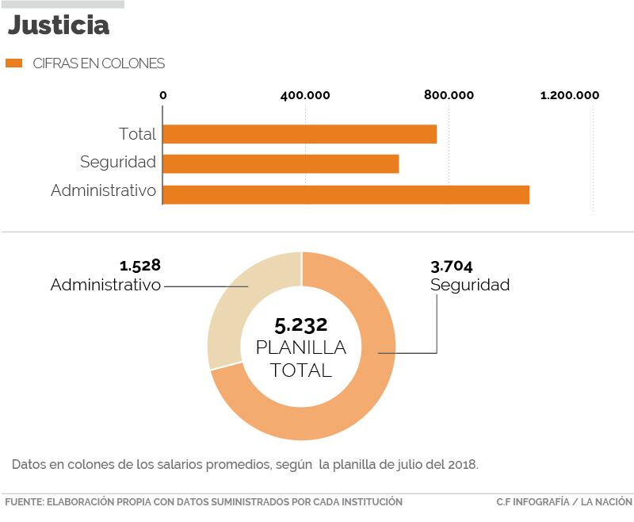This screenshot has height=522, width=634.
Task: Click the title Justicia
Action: click(59, 25)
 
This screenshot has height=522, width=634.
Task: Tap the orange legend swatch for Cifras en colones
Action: click(13, 63)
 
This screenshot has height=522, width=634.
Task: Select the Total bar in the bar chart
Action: click(300, 134)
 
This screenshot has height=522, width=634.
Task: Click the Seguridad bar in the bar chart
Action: click(281, 163)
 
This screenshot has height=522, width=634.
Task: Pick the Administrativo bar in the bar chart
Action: click(346, 194)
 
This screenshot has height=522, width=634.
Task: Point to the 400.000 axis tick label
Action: click(305, 96)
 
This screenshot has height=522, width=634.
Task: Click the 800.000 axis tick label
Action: click(449, 96)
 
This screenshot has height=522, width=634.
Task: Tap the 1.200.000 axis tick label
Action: click(570, 96)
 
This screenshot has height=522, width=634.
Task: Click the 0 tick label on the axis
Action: click(163, 96)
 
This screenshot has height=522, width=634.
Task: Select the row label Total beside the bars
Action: click(137, 134)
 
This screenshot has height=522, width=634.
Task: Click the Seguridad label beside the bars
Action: click(118, 163)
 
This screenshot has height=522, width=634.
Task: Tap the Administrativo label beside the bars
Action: click(104, 191)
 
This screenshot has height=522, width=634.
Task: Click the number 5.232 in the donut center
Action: click(301, 324)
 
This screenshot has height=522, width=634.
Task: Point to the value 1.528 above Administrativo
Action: click(140, 265)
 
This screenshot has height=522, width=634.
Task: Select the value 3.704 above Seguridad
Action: click(452, 267)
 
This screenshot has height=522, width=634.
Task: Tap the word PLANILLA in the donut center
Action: click(301, 347)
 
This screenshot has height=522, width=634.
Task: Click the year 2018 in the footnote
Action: click(462, 463)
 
